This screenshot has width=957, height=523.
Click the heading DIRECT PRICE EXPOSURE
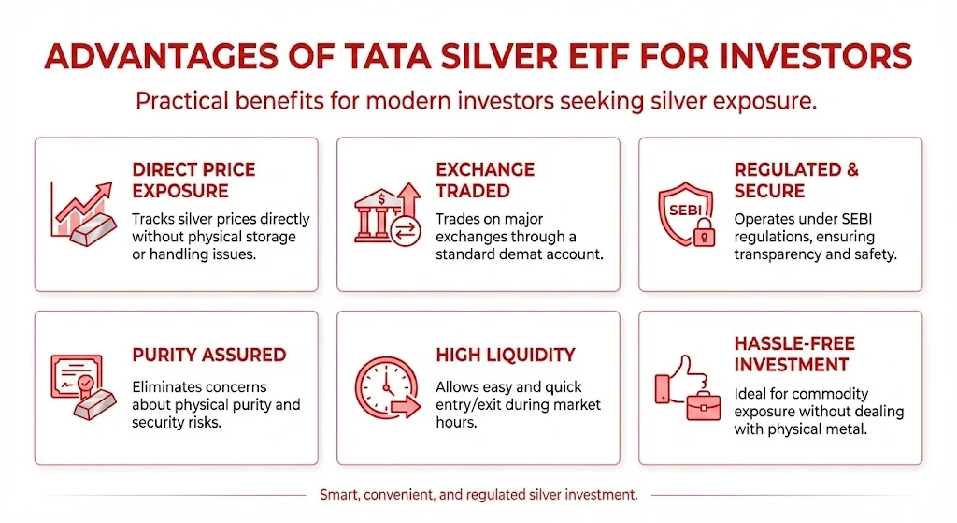pos(193,181)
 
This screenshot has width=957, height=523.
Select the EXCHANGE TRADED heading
pos(485,181)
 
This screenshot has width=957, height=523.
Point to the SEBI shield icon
pos(682,212)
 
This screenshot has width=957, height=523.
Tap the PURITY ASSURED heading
pos(208,356)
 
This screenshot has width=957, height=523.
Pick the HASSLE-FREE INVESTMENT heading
pos(794,354)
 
